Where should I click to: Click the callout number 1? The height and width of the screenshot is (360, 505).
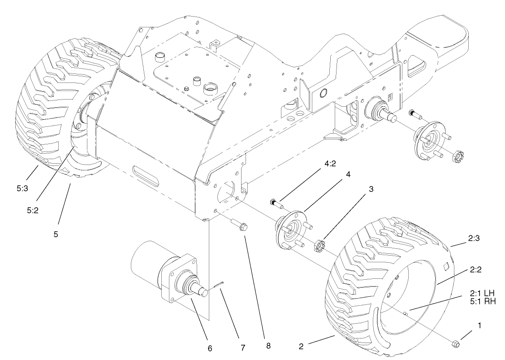coord(479,326)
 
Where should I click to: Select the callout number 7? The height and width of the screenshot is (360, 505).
coord(242,347)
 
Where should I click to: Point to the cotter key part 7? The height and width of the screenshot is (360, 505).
coord(220,285)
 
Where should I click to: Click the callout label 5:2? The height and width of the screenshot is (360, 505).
coord(32,209)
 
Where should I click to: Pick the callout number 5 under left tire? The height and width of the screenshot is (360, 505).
coord(56,234)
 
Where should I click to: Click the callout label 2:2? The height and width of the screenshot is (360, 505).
coord(476,270)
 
